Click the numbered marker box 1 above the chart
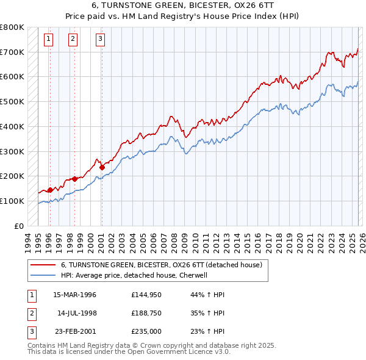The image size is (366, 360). (x=49, y=40)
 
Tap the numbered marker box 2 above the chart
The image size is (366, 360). (x=73, y=40)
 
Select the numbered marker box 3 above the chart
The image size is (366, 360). (x=100, y=40)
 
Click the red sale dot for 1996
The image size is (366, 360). (x=50, y=190)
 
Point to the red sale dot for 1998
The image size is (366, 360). (x=75, y=179)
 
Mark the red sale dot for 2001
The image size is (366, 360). (x=102, y=167)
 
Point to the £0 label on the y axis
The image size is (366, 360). (x=18, y=226)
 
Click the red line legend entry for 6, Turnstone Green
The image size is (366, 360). (x=161, y=265)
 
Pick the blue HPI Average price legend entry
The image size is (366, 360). (x=134, y=275)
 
